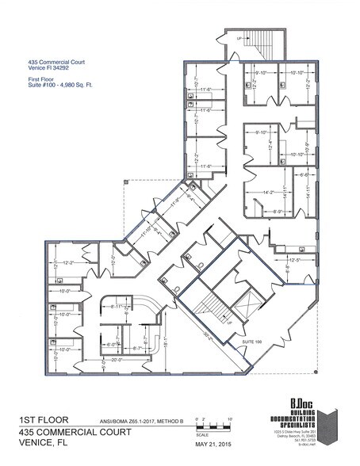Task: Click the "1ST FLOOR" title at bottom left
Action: click(40, 419)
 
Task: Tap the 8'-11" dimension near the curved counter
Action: click(121, 306)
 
